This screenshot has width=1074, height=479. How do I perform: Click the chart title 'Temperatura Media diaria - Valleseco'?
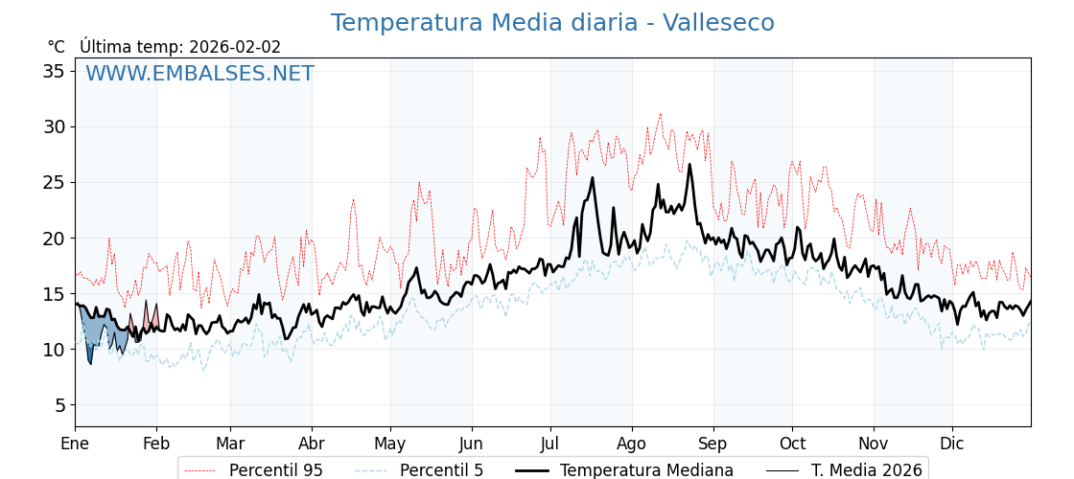[552, 23]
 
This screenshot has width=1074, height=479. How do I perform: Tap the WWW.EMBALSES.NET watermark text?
[199, 74]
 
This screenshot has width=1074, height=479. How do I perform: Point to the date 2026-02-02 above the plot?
[235, 47]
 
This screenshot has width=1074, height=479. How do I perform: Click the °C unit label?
[57, 47]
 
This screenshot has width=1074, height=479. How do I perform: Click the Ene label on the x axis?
[75, 444]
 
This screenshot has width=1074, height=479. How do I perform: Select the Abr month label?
[312, 444]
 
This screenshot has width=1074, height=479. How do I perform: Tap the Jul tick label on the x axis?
[550, 444]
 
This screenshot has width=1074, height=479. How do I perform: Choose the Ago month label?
[631, 444]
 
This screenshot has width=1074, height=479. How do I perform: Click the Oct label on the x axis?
[792, 444]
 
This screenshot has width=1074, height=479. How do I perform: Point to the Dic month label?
[952, 444]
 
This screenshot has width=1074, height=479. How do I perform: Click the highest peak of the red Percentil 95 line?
[660, 114]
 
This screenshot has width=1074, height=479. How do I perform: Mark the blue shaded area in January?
[96, 331]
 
